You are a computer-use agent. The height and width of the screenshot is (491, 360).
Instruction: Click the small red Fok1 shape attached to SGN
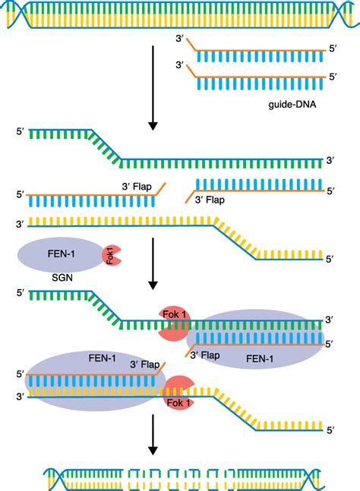pyautogui.click(x=110, y=256)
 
